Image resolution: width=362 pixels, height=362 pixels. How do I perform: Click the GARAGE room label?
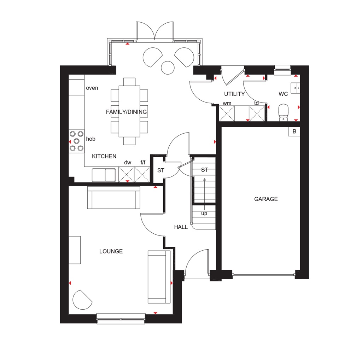coord(266,199)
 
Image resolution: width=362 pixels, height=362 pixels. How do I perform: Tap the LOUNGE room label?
coord(111,251)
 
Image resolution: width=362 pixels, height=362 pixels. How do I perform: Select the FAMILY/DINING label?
coord(126,112)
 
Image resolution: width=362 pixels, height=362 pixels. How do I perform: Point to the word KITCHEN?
coord(104,156)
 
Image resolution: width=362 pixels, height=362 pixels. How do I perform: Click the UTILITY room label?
coord(234,94)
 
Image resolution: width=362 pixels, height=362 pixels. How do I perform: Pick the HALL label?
coord(181,227)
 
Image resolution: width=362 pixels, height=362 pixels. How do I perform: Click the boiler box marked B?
coord(294,132)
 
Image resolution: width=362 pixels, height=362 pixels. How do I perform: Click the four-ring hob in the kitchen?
coord(76,141)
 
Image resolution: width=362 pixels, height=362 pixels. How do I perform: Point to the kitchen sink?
coord(104,175)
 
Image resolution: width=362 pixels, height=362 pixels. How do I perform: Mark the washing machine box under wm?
coord(227,113)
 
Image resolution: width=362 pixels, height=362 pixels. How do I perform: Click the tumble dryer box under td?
coord(257,113)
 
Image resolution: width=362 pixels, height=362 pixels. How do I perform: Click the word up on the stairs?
coord(204,214)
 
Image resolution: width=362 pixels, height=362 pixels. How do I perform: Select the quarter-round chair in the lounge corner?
coord(82,300)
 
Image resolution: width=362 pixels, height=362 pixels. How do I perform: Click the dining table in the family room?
coord(129,111)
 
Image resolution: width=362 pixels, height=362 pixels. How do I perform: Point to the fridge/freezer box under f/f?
coord(142,174)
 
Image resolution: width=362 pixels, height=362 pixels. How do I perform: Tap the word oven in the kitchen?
coord(92,88)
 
